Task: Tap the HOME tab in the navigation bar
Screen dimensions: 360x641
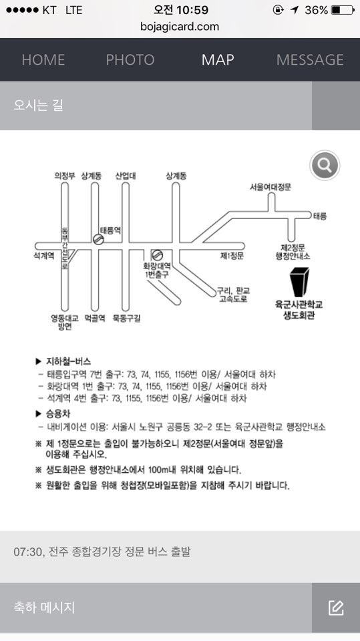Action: tap(43, 59)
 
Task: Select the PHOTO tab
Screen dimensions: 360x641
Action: tap(130, 59)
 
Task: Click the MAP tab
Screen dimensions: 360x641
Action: tap(218, 59)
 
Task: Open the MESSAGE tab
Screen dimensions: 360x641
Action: tap(310, 59)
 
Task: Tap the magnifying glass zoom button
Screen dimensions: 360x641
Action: tap(325, 166)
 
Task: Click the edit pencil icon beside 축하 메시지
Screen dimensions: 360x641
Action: tap(336, 608)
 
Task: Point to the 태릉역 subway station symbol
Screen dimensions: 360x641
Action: tap(98, 240)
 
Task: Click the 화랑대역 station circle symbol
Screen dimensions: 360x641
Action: tap(157, 256)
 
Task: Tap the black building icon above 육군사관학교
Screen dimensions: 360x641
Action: tap(299, 282)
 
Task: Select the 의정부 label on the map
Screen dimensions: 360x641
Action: tap(65, 176)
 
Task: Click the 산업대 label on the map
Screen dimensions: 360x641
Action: tap(125, 176)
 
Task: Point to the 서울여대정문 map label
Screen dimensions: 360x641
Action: tap(271, 187)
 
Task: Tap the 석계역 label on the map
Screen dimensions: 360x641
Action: tap(44, 256)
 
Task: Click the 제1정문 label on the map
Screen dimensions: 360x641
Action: tap(232, 256)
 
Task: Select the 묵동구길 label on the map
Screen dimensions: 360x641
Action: tap(126, 318)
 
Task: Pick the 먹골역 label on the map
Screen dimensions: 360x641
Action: tap(95, 318)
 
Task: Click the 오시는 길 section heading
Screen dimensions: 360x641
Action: tap(39, 105)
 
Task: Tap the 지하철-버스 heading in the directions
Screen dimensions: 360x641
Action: tap(68, 361)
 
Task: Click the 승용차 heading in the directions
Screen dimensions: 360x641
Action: tap(58, 414)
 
